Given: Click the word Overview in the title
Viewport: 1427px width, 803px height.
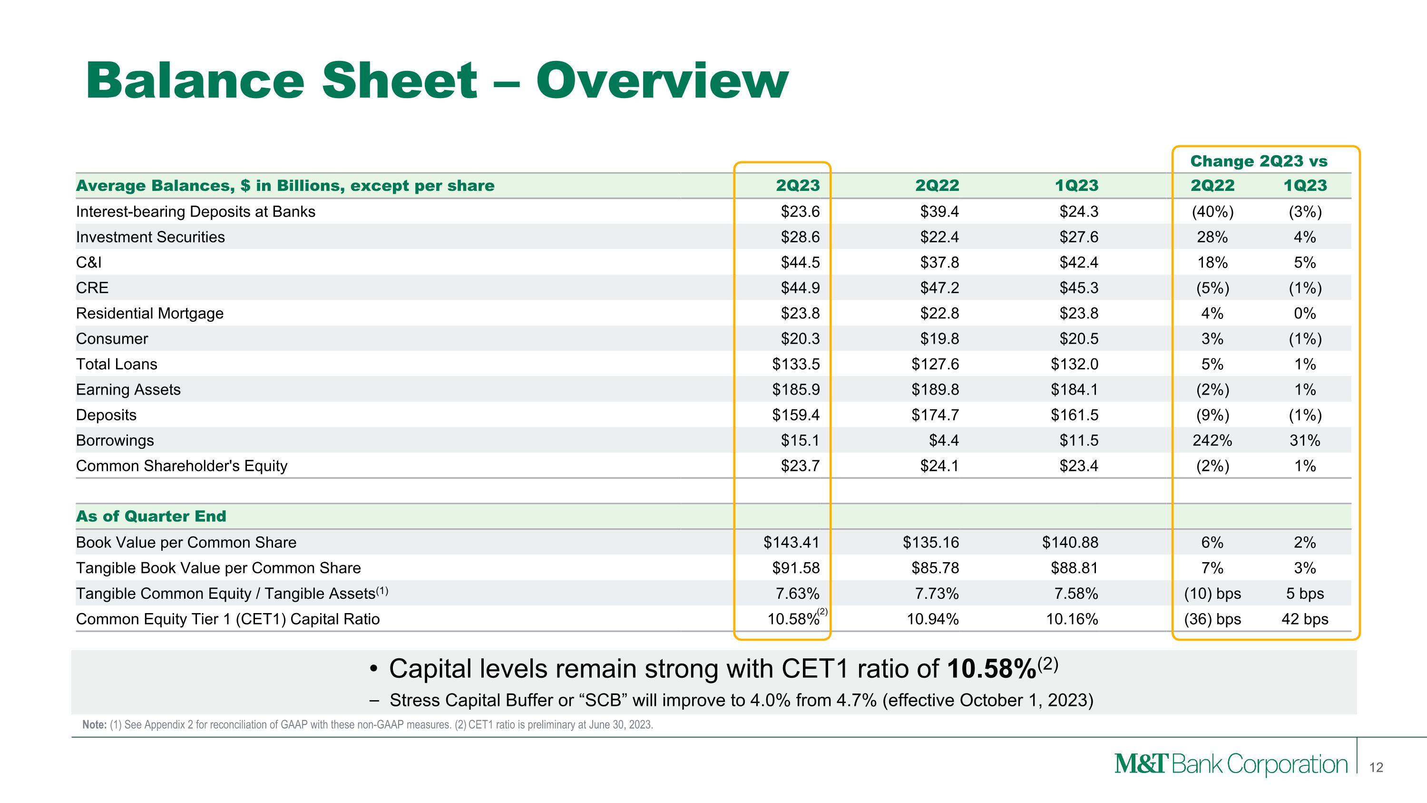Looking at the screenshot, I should [662, 81].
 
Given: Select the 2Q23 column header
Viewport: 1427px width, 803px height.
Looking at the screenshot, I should [797, 186].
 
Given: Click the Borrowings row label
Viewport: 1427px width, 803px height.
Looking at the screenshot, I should [115, 441].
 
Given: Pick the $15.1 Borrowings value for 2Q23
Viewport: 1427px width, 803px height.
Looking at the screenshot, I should [800, 441].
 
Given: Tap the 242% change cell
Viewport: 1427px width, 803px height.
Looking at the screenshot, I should [1212, 441].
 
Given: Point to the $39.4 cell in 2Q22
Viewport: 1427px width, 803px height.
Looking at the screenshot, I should [939, 212].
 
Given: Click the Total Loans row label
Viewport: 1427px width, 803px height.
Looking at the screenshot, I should [117, 364].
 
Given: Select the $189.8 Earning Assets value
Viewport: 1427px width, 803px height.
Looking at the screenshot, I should [935, 389].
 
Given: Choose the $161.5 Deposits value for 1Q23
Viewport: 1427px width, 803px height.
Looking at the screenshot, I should [1074, 415].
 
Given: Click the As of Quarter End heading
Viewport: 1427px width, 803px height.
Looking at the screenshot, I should [151, 516].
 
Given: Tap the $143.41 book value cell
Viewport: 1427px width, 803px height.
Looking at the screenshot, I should [791, 543].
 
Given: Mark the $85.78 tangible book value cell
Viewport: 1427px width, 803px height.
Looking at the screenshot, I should [935, 568].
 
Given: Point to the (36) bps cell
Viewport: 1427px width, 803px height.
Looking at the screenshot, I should [1212, 619].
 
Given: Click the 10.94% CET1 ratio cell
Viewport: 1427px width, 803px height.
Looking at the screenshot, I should [932, 619].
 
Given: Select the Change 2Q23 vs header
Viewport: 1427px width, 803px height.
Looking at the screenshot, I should [1259, 161].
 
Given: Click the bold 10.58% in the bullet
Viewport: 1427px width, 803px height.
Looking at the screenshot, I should [992, 669].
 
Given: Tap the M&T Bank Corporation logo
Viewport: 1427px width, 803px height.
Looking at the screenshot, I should [1231, 765].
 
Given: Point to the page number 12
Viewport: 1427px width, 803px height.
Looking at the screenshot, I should [1376, 767].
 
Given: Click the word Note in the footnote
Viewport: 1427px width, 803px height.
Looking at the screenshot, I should [94, 725].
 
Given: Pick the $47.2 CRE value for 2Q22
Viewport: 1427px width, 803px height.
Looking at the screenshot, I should [939, 288].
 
